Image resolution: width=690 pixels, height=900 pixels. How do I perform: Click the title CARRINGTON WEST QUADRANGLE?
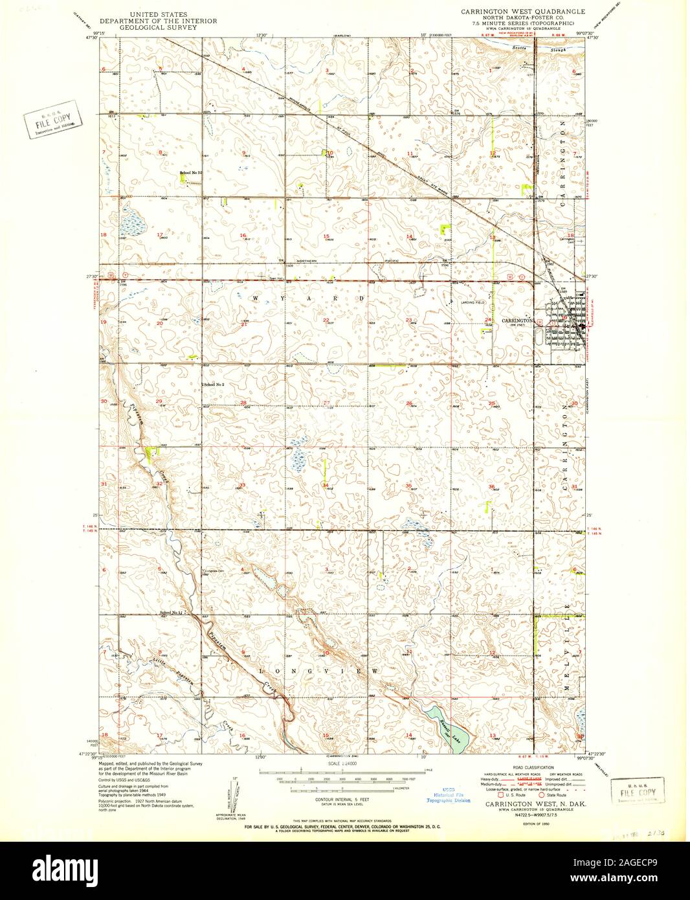[x=522, y=12]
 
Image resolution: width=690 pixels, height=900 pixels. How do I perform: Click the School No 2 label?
[x=214, y=385]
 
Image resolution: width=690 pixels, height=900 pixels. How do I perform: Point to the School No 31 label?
[x=192, y=173]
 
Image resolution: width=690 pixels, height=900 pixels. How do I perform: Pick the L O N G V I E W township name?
[x=318, y=671]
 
